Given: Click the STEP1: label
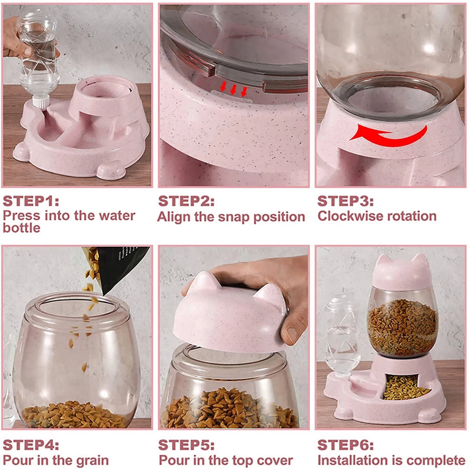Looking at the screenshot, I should [x=31, y=202].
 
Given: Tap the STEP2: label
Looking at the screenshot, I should [x=186, y=202].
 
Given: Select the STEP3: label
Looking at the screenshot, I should [x=346, y=202].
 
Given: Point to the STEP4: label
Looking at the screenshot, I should [x=31, y=445].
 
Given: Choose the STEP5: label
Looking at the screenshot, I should [x=186, y=445].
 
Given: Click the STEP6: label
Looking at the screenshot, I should [x=346, y=445].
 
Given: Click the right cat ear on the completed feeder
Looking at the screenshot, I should [x=421, y=262].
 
